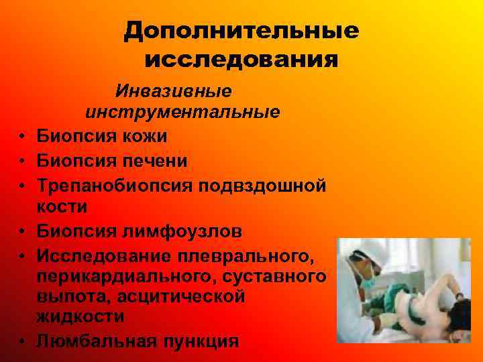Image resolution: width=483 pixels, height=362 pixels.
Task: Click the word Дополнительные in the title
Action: pyautogui.click(x=241, y=32)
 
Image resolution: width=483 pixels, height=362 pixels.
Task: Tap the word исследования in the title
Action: pyautogui.click(x=241, y=60)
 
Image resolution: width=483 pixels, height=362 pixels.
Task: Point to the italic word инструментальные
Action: pyautogui.click(x=182, y=113)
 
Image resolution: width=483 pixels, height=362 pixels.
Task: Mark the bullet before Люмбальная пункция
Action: pyautogui.click(x=22, y=341)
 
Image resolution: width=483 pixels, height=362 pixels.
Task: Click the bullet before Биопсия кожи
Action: pyautogui.click(x=22, y=137)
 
